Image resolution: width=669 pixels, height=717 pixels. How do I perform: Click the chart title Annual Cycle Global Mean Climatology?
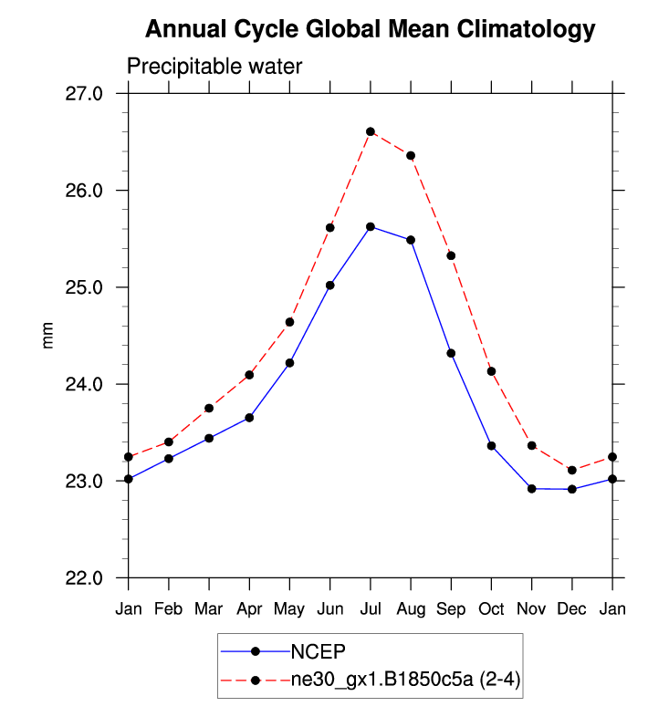coord(371,30)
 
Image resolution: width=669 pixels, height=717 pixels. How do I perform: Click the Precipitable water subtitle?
coord(214,67)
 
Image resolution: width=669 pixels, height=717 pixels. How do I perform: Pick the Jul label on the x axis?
coord(370,609)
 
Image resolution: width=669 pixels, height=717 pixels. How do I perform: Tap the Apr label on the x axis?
coord(249,609)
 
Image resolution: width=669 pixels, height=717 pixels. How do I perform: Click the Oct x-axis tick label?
coord(491,609)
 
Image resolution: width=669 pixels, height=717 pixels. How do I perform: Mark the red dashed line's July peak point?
coord(371,131)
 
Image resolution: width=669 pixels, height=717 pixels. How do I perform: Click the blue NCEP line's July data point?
coord(371,226)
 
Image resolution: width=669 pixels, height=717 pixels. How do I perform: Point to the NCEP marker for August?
coord(411,240)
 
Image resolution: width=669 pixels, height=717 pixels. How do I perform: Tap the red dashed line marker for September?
coord(451,255)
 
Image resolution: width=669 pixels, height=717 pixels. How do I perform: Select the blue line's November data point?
coord(531,489)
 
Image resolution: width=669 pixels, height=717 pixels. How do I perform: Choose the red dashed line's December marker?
coord(571,470)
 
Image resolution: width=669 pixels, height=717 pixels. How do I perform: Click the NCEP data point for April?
coord(249,418)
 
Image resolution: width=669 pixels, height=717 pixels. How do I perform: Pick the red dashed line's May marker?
coord(289,322)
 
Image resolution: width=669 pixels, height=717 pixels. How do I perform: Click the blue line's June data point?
coord(329,286)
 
